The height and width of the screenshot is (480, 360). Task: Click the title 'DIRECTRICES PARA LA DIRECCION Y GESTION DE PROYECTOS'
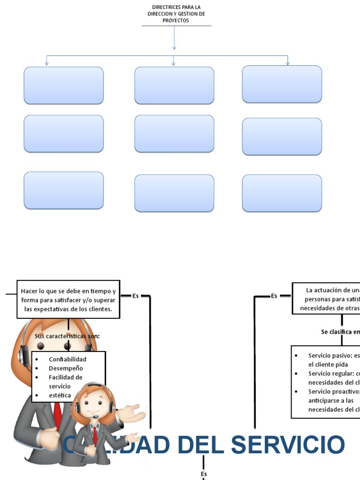tap(176, 14)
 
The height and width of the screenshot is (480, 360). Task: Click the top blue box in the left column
tap(64, 85)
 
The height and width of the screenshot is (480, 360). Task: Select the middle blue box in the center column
tap(174, 134)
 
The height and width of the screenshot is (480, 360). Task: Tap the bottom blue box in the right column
tap(282, 193)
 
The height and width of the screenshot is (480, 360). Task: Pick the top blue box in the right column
tap(282, 84)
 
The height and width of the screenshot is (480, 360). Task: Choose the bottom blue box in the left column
tap(64, 190)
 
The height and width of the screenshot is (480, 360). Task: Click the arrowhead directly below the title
tap(174, 47)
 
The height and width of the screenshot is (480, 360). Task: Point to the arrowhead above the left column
tap(46, 63)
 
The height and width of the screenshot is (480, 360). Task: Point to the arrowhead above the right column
tap(287, 63)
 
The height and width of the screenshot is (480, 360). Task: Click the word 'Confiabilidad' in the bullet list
tap(67, 359)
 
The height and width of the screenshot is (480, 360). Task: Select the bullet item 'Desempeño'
tap(66, 368)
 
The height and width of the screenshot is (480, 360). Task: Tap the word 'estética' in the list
tap(60, 395)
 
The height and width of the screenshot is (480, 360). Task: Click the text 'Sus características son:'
tap(67, 336)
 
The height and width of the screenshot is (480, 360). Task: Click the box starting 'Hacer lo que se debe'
tap(68, 300)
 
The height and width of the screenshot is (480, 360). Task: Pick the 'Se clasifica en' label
tap(340, 332)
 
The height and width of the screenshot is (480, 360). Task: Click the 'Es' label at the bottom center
tap(204, 474)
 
